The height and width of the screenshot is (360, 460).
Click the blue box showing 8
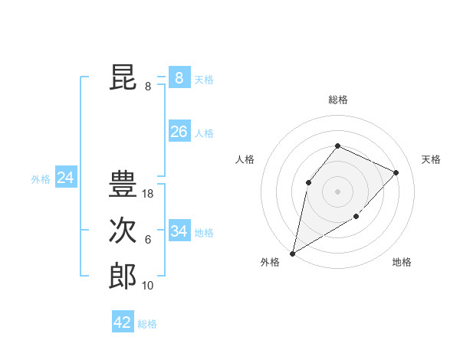(179, 77)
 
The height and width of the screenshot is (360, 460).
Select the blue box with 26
(179, 132)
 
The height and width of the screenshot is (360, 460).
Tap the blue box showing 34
(179, 231)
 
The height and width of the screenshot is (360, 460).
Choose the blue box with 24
(65, 178)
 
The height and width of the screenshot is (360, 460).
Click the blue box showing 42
(123, 322)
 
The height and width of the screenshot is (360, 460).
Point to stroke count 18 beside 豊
(148, 195)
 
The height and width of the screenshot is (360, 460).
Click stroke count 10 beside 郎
(148, 286)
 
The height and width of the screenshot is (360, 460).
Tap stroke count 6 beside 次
(148, 240)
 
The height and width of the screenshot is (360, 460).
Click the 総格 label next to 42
(147, 324)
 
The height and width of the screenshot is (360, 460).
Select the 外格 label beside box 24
(41, 179)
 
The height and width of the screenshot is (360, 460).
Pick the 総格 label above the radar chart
(337, 100)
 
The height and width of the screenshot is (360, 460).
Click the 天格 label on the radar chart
(431, 159)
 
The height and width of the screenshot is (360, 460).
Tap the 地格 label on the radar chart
(402, 263)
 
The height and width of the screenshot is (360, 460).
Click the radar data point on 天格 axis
(396, 172)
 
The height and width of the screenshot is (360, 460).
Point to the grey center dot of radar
(337, 191)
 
